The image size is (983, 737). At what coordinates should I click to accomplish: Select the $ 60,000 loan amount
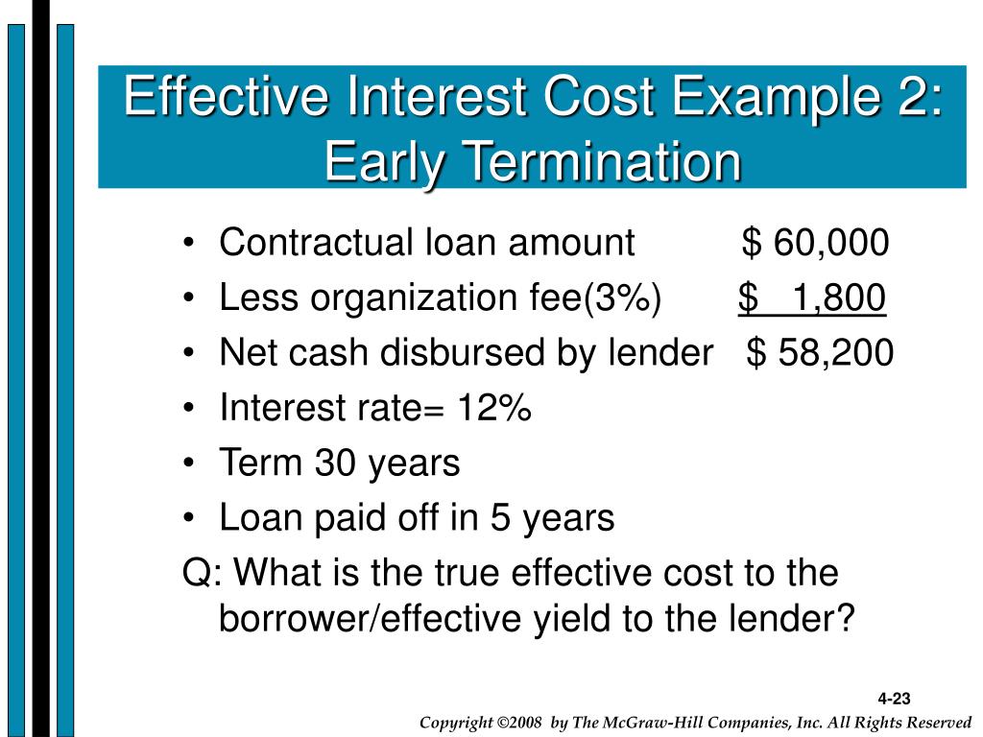click(815, 242)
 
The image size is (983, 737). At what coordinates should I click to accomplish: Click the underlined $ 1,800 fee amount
click(812, 297)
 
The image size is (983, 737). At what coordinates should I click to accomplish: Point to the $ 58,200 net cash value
click(820, 352)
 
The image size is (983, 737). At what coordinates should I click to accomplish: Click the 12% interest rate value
click(494, 407)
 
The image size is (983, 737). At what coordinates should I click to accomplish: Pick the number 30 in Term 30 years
click(335, 463)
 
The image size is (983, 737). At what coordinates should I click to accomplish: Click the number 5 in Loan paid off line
click(499, 517)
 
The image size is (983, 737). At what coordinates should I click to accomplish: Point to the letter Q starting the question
click(197, 573)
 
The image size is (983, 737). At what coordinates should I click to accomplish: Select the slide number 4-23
click(894, 699)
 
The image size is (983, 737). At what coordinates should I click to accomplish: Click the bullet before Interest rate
click(189, 409)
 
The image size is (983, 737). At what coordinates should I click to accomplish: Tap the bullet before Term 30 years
click(189, 464)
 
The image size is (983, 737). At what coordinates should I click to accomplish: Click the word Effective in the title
click(226, 95)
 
